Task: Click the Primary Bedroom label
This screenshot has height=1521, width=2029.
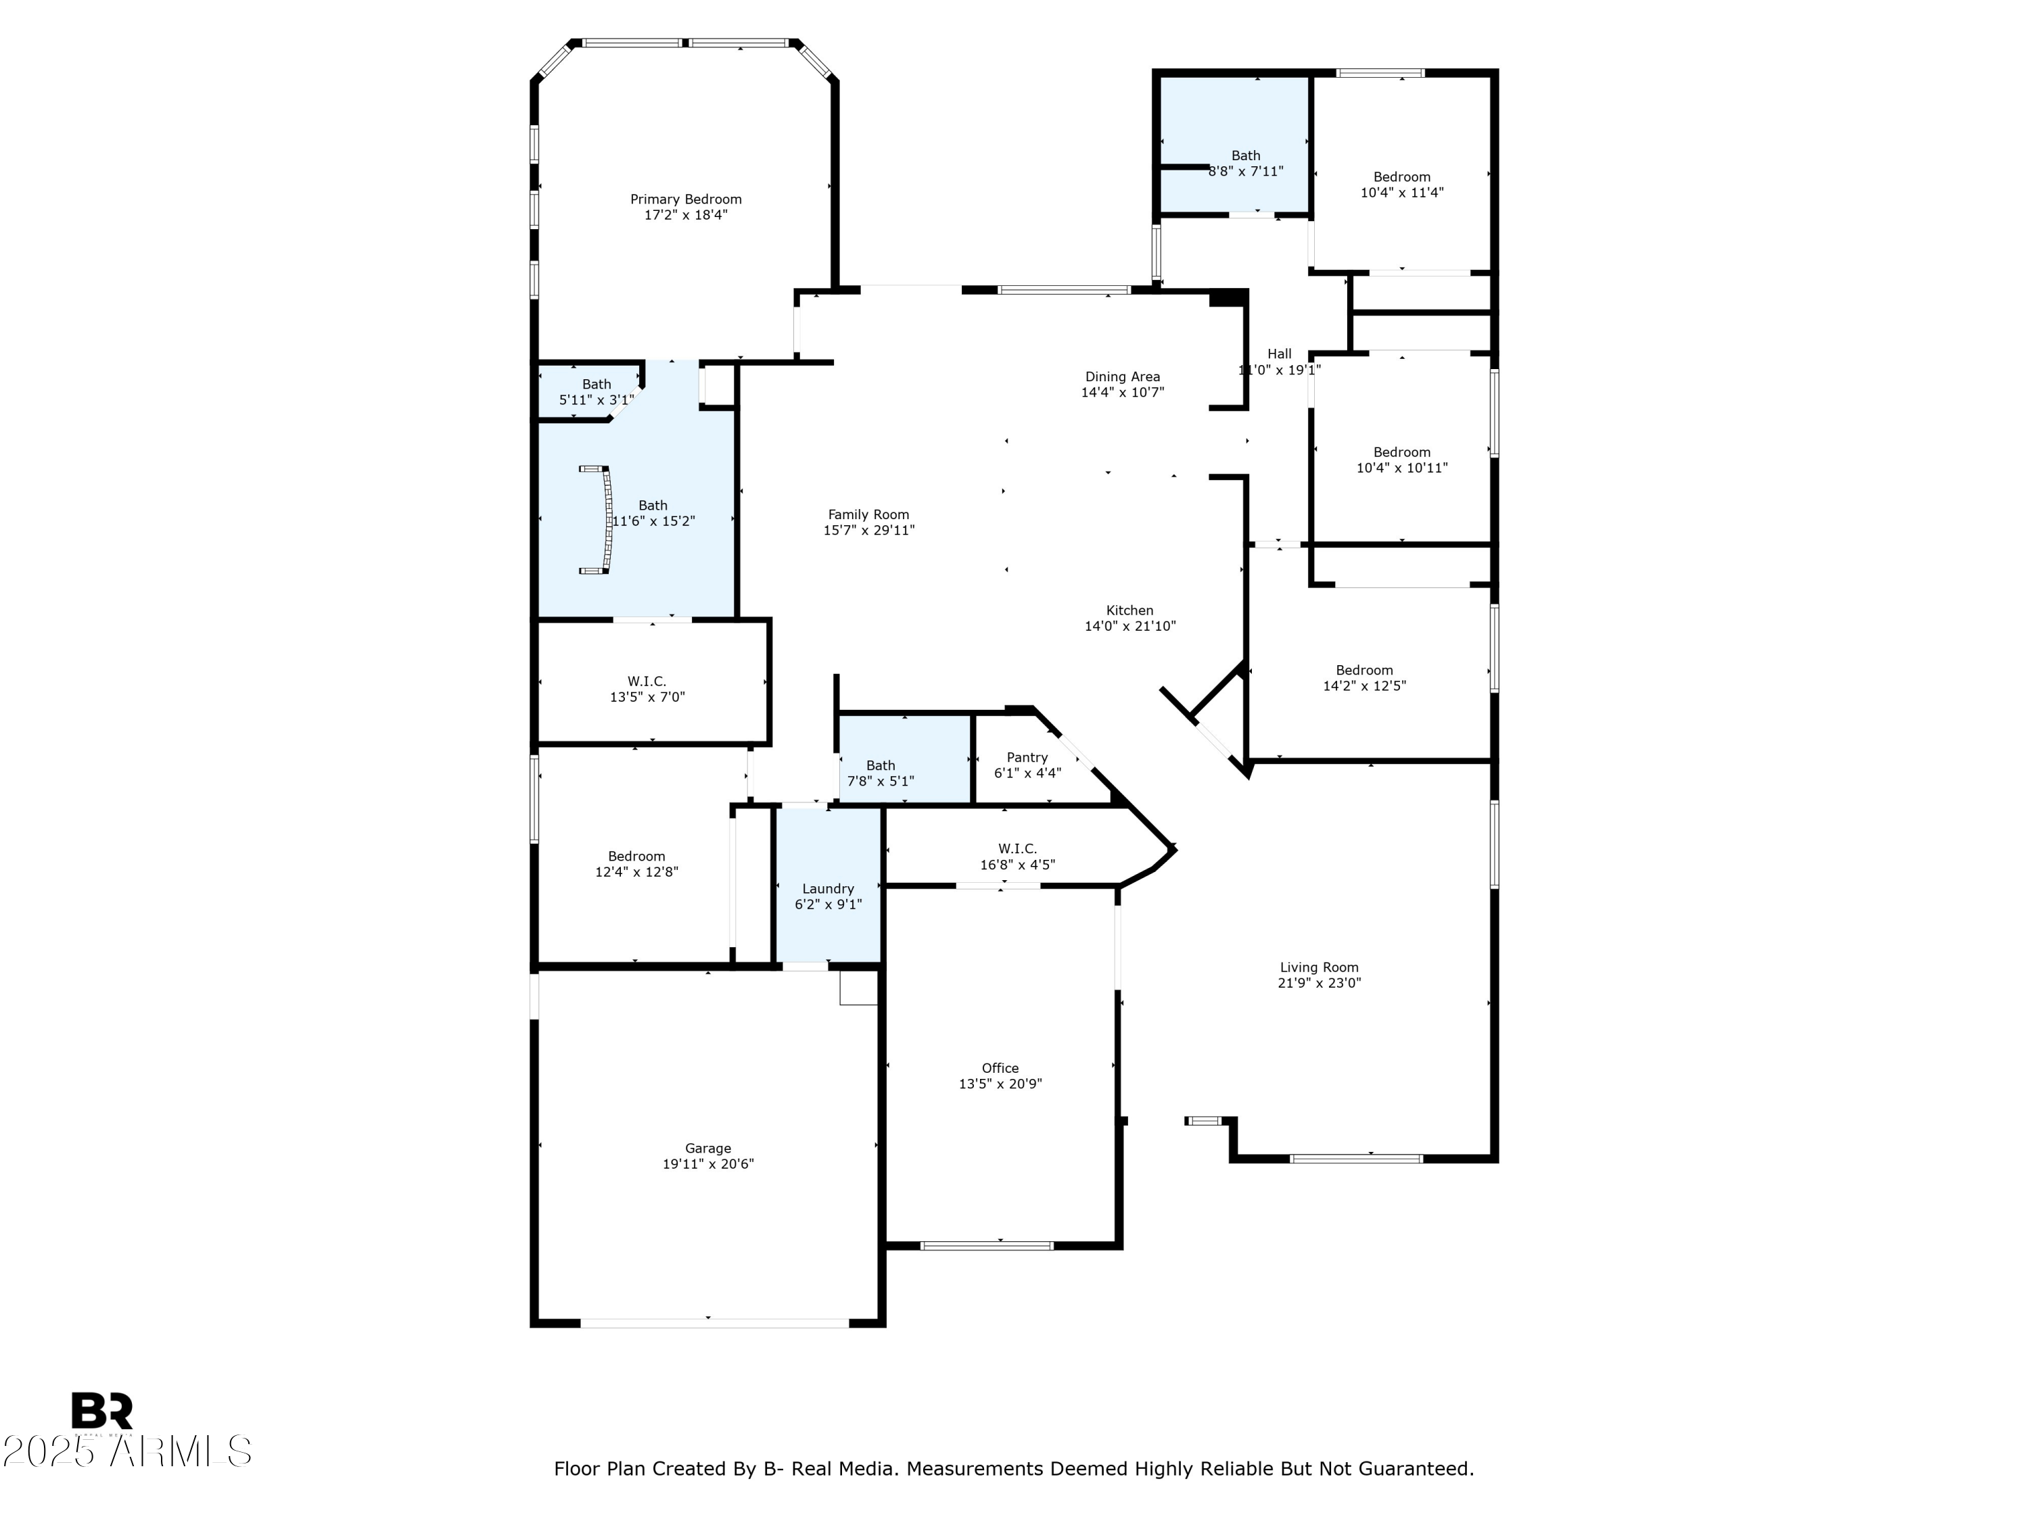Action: pos(685,199)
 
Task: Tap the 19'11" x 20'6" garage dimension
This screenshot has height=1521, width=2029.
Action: pos(707,1164)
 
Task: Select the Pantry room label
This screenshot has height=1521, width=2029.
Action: pos(1027,757)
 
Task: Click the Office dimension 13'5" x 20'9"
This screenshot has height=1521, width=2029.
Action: pos(1000,1084)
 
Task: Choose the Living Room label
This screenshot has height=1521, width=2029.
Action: pos(1318,967)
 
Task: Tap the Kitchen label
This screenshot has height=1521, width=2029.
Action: pos(1129,610)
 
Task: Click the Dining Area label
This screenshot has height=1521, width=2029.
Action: pos(1122,377)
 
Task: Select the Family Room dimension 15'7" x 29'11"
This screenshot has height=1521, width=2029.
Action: pos(868,530)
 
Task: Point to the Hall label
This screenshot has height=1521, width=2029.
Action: pos(1279,354)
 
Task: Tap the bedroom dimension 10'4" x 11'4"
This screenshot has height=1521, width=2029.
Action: pos(1401,193)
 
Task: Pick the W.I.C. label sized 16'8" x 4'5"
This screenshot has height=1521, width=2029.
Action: pos(1017,849)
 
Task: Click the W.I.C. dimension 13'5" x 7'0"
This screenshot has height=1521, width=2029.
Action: pos(647,697)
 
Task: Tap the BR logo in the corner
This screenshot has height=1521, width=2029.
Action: pos(102,1410)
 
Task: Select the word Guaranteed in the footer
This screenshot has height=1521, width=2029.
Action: pos(1418,1469)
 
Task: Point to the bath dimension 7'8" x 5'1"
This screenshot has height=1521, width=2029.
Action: pos(880,781)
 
